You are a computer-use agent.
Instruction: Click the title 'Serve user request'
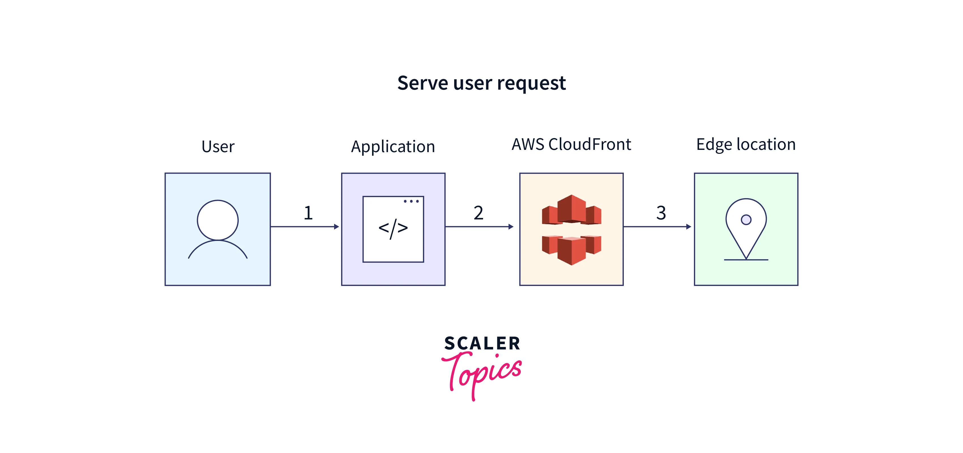pos(481,83)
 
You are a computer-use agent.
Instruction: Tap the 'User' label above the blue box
pos(218,146)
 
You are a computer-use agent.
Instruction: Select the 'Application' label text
pos(393,146)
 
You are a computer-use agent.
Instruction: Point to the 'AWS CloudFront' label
pos(571,144)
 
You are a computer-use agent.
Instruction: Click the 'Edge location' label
pos(746,144)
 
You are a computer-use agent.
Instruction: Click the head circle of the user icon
pos(217,220)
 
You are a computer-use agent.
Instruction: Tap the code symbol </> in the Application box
pos(393,228)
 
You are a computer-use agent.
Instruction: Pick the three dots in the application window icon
pos(411,201)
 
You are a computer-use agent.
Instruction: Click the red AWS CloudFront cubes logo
pos(571,230)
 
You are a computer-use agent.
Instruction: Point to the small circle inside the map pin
pos(746,220)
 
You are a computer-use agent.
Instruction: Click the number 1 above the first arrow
pos(308,213)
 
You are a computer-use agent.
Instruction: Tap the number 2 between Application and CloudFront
pos(479,213)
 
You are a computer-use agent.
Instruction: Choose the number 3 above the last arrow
pos(661,213)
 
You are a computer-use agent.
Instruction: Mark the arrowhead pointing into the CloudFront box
pos(511,227)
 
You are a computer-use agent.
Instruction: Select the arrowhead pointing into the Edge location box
pos(689,227)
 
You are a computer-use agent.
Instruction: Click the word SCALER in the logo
pos(482,344)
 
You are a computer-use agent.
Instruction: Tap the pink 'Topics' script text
pos(482,372)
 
